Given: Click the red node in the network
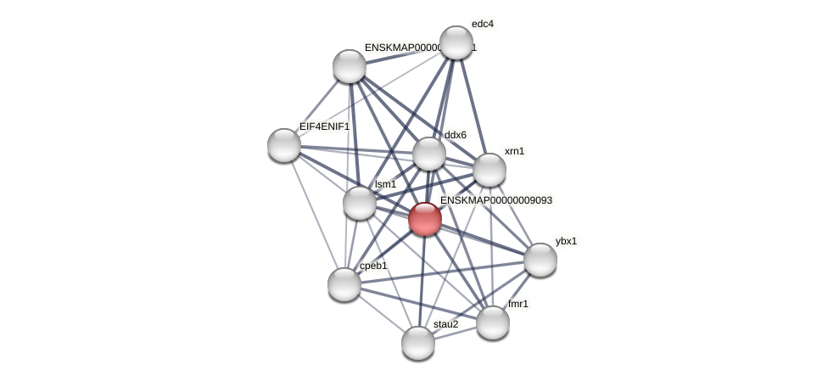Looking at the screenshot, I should click(x=425, y=219).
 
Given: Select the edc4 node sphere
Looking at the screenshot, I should click(x=456, y=42).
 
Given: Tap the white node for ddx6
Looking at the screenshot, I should click(x=429, y=154).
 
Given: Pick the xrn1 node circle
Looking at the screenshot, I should click(x=490, y=170).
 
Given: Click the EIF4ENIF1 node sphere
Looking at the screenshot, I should click(x=284, y=145).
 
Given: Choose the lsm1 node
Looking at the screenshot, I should click(x=360, y=203).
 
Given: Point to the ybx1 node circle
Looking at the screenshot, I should click(x=540, y=260).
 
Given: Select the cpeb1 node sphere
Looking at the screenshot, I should click(x=344, y=284).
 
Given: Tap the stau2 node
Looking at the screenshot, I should click(x=418, y=343).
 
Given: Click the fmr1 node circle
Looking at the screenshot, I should click(x=493, y=322).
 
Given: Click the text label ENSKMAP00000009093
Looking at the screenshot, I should click(x=496, y=200).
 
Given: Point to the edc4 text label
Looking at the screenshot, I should click(x=482, y=24).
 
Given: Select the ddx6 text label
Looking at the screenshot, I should click(x=455, y=135).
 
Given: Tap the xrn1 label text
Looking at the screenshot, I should click(x=514, y=151).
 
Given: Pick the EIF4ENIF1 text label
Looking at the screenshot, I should click(x=324, y=126).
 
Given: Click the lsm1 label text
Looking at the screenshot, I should click(x=386, y=184).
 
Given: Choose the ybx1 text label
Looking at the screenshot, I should click(x=566, y=241).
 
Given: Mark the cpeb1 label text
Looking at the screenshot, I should click(x=373, y=266).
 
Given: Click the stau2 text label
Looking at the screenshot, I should click(x=445, y=324).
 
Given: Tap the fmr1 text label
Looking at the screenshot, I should click(x=518, y=304).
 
